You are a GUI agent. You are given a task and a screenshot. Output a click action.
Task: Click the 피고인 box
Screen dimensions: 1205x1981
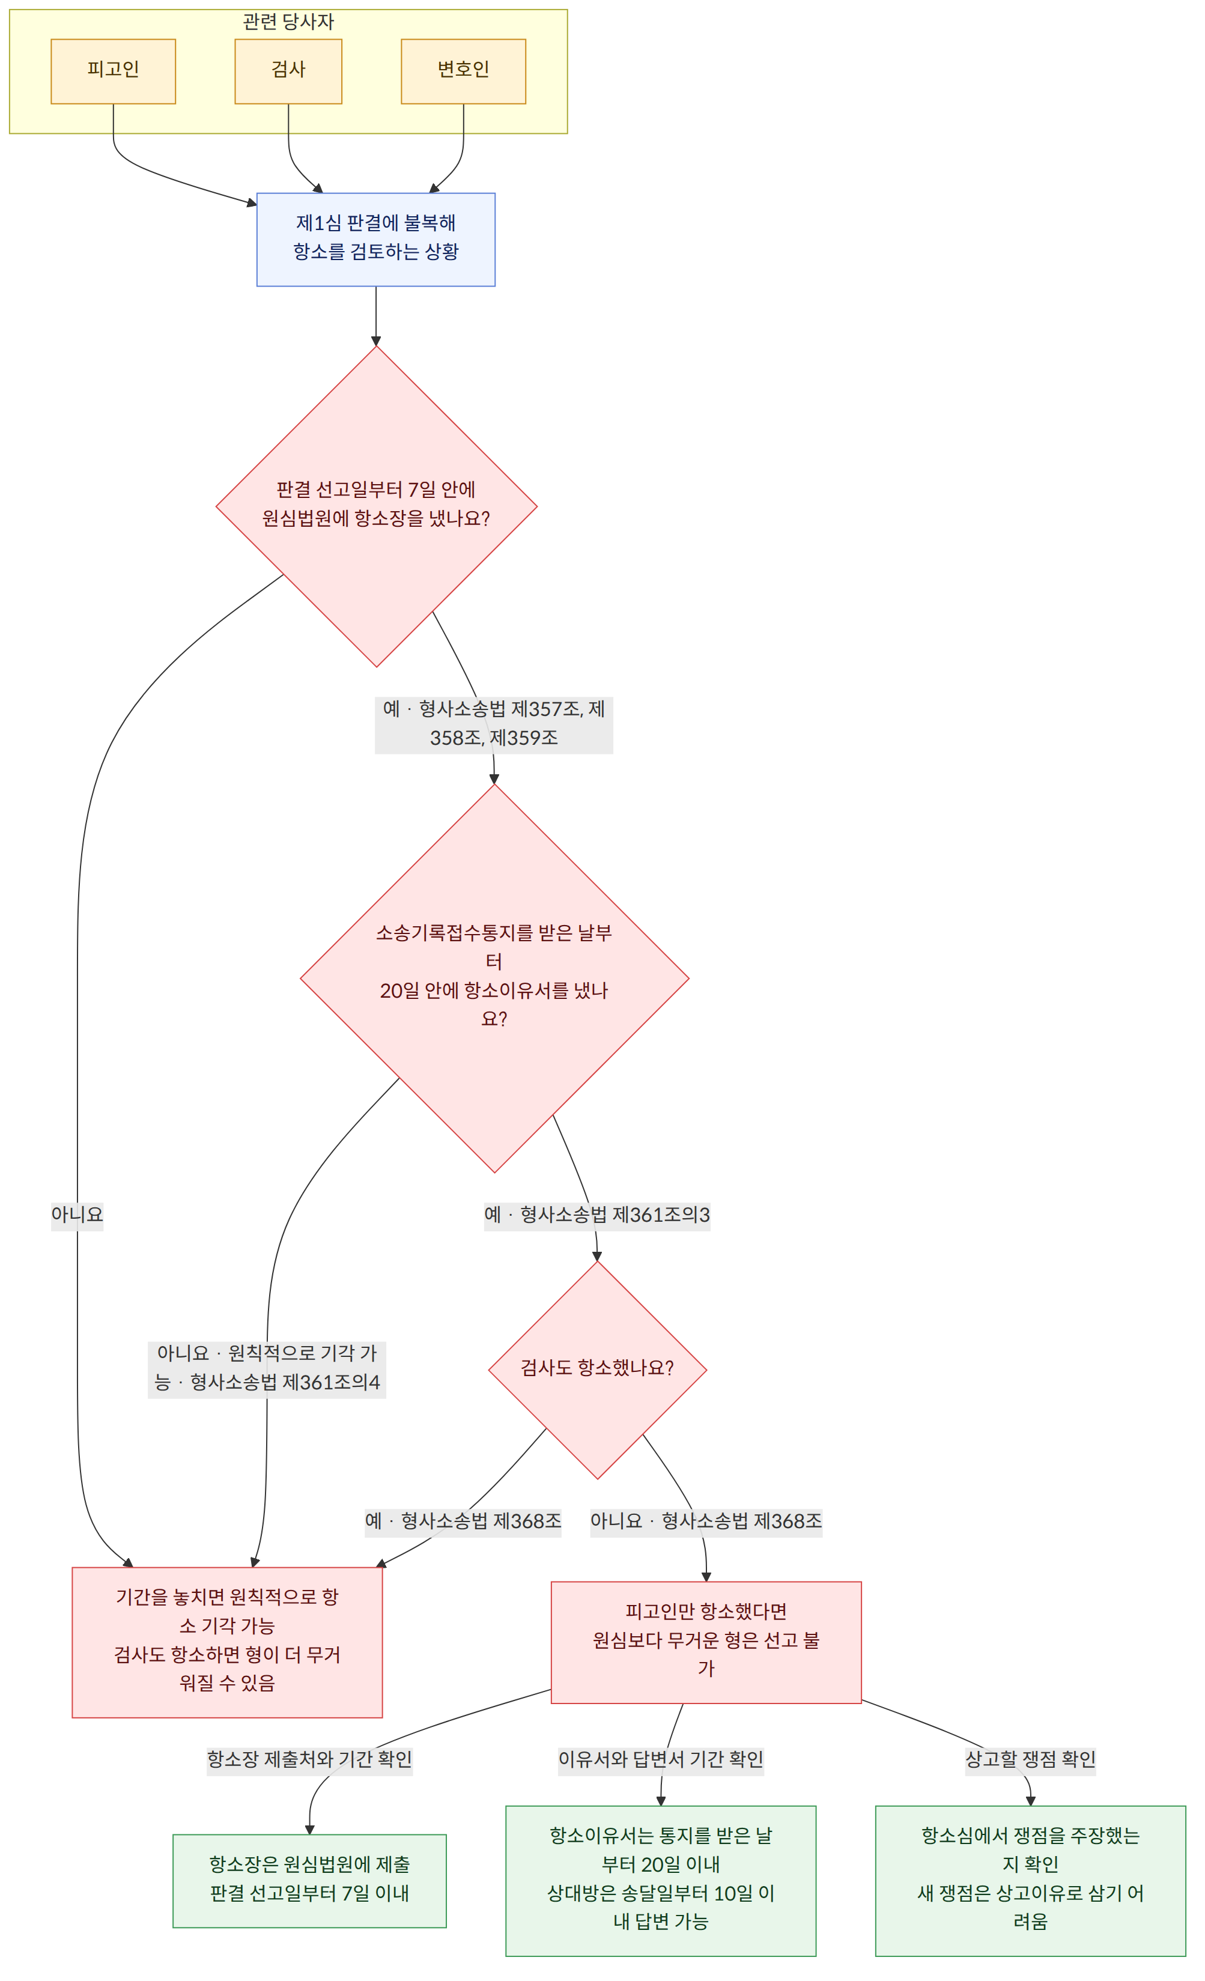tap(114, 71)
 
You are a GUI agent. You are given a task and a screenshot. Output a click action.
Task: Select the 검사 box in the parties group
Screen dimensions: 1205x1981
tap(288, 71)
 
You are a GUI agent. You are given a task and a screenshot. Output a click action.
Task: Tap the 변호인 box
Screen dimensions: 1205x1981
tap(464, 71)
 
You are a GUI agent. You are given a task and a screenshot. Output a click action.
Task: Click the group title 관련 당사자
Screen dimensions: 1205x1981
tap(288, 22)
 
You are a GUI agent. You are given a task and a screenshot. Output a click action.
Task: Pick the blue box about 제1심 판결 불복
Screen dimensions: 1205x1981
tap(376, 240)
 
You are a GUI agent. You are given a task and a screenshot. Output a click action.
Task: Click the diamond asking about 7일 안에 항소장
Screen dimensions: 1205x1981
tap(376, 506)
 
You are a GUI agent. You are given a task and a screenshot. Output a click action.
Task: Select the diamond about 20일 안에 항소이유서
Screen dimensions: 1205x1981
tap(494, 978)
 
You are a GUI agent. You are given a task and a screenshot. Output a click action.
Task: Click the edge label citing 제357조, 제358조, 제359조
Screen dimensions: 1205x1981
tap(494, 724)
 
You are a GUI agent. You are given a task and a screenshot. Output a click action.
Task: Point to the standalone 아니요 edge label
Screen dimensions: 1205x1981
tap(77, 1214)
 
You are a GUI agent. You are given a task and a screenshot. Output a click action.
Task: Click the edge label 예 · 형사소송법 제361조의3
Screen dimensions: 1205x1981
tap(596, 1215)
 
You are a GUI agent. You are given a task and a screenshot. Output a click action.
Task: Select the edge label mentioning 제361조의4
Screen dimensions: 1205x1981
tap(267, 1368)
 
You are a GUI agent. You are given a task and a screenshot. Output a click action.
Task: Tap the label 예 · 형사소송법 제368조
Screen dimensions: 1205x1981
tap(463, 1521)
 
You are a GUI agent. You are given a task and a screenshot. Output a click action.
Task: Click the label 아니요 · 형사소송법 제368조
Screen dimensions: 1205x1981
tap(706, 1521)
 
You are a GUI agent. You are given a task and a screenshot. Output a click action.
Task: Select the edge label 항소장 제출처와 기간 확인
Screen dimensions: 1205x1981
tap(309, 1759)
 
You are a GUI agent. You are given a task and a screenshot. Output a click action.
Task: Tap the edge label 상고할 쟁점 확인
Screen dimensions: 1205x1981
tap(1031, 1759)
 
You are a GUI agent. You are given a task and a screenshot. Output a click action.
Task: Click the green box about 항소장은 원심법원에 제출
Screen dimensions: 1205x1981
tap(309, 1879)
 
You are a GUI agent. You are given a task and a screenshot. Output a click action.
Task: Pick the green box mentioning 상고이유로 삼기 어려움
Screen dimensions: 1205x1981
tap(1031, 1879)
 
